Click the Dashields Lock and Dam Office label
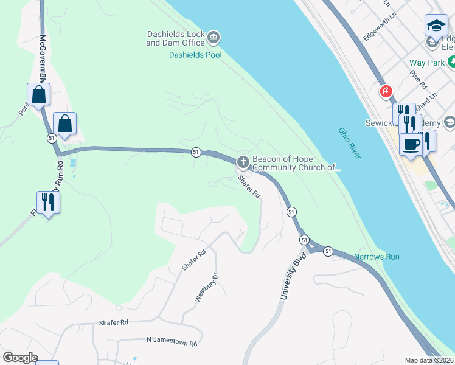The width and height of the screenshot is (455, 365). (x=176, y=38)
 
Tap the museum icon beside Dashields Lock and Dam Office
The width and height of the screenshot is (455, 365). (x=214, y=39)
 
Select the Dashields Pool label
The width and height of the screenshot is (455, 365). (x=195, y=55)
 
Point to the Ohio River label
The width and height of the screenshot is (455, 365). (x=350, y=144)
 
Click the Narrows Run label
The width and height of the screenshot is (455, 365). (x=377, y=257)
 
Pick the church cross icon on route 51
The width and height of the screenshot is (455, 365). (x=243, y=161)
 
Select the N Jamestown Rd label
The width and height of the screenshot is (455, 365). (x=172, y=343)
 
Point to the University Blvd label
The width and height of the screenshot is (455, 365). (x=291, y=272)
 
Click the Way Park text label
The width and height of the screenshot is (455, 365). (x=426, y=62)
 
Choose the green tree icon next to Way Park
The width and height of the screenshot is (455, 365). (x=451, y=61)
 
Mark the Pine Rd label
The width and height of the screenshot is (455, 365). (x=417, y=78)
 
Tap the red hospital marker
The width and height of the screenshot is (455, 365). (x=386, y=92)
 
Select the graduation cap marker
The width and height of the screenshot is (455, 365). (x=436, y=26)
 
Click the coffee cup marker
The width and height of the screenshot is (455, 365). (x=411, y=144)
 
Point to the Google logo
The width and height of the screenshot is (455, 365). (x=20, y=358)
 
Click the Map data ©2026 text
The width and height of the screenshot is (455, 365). (x=429, y=360)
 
